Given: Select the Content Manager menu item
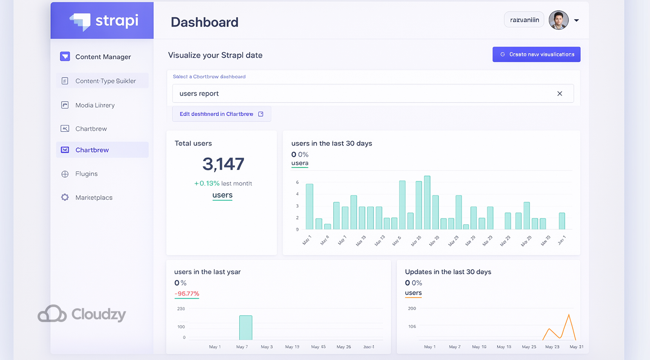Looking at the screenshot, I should tap(103, 57).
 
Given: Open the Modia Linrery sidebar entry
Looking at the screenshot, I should tap(95, 105).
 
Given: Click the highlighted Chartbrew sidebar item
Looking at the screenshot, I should tap(92, 150).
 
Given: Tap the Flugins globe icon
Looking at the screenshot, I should tap(65, 174).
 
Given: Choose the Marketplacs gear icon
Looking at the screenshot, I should tap(65, 198).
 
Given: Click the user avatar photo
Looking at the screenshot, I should tap(558, 20).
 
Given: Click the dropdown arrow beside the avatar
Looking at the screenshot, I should tap(576, 20).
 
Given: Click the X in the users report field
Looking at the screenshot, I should tap(560, 94).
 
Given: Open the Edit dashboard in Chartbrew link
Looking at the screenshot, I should tap(221, 114).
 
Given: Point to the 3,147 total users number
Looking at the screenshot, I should tap(223, 164).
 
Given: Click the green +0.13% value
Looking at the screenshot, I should tap(207, 183).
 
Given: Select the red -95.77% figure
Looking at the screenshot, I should tap(187, 293).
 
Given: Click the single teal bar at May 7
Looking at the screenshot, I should tap(246, 328).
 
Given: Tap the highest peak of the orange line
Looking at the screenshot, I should tap(569, 315).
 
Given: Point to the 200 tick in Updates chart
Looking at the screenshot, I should tap(412, 308).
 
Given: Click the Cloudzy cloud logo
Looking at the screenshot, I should tap(52, 313).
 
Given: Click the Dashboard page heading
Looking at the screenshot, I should tap(204, 22).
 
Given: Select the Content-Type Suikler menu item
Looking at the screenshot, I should tap(105, 81).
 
